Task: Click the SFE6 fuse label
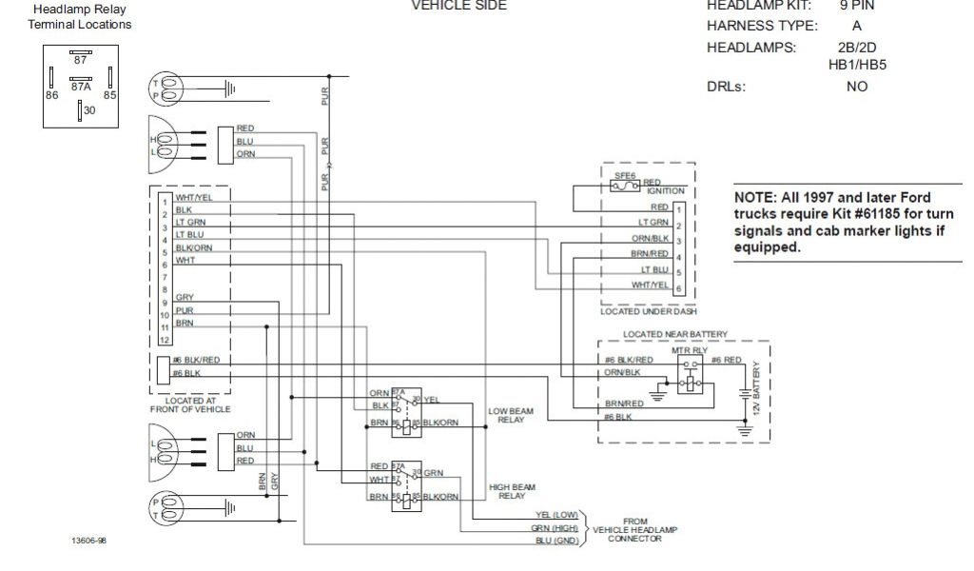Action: tap(625, 176)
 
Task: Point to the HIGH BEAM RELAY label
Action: tap(506, 491)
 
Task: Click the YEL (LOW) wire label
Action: tap(557, 515)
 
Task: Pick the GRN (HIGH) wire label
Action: tap(556, 528)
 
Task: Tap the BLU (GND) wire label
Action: tap(557, 541)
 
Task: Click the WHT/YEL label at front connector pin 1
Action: tap(193, 198)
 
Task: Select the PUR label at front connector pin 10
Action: tap(184, 310)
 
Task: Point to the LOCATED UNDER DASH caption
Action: tap(649, 311)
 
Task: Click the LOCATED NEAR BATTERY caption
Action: tap(675, 334)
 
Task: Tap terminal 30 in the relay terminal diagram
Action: tap(88, 110)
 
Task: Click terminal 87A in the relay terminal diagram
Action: tap(81, 86)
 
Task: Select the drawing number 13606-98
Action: tap(88, 541)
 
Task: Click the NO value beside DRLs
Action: tap(856, 86)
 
